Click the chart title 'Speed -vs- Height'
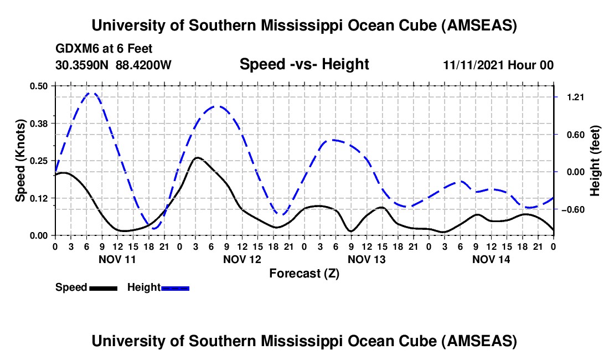point(304,65)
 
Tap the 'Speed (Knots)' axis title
point(20,160)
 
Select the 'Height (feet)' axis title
point(595,161)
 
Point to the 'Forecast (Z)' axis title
point(304,273)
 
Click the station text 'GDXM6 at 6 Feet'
point(104,49)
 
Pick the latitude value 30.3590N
point(82,65)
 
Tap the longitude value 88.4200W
point(144,65)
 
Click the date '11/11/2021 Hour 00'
point(498,65)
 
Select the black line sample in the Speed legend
point(103,287)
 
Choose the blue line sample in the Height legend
point(176,287)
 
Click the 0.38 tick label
point(39,123)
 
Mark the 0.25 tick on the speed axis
point(39,161)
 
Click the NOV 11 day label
point(117,259)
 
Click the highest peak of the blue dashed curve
point(92,93)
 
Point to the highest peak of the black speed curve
point(197,158)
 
